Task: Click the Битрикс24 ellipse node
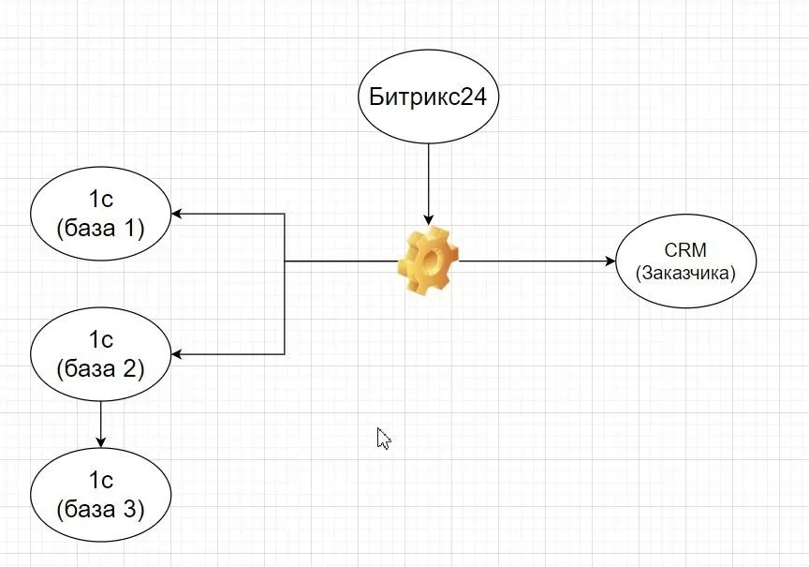[428, 97]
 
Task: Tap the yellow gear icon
[429, 260]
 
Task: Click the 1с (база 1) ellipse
[100, 214]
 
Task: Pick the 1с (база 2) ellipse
[100, 354]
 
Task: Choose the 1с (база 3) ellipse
[100, 495]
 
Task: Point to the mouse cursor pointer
[382, 439]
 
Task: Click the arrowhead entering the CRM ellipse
[610, 261]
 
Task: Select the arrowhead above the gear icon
[429, 216]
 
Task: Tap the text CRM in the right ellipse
[685, 250]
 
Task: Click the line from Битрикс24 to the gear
[429, 178]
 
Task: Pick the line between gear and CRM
[534, 261]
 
